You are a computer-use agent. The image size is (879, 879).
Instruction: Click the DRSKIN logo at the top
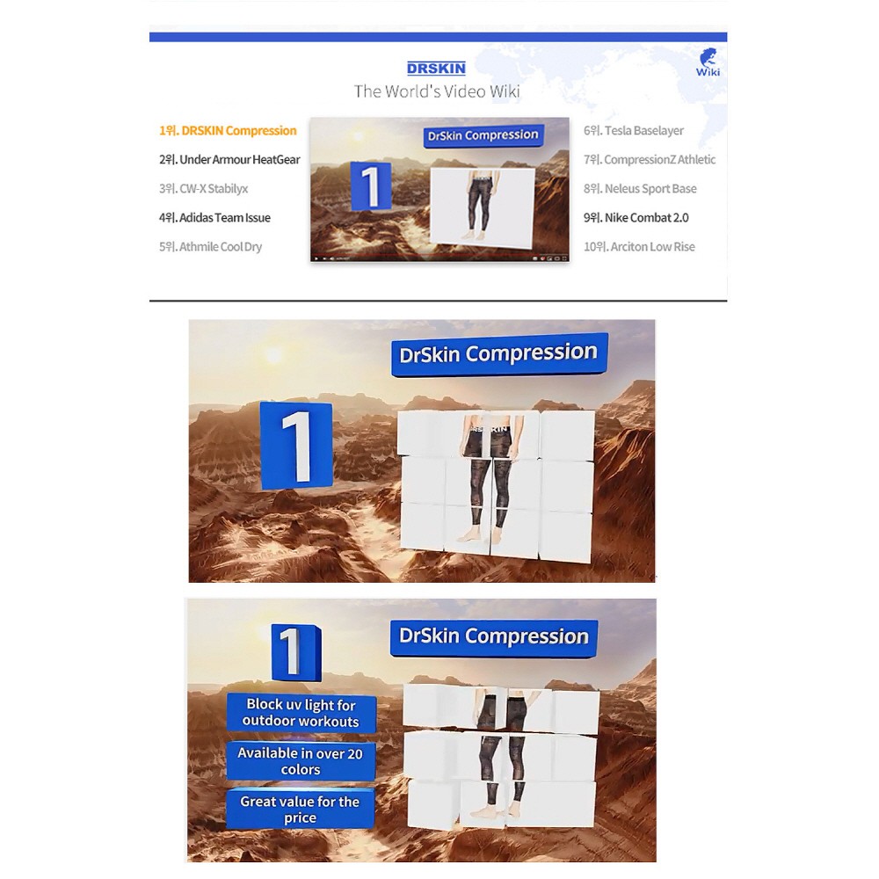click(436, 69)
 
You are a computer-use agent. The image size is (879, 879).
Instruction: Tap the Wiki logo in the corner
click(708, 62)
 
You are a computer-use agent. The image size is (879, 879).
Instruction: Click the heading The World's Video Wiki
click(437, 91)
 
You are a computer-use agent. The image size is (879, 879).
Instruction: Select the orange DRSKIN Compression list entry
click(228, 131)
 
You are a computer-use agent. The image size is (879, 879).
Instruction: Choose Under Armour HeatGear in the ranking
click(229, 160)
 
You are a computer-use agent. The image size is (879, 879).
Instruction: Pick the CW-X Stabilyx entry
click(204, 189)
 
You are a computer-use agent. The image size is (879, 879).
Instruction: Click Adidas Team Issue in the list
click(214, 218)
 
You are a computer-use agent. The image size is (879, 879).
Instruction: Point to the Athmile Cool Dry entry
click(210, 247)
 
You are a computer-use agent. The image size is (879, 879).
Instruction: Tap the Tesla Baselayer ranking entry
click(634, 131)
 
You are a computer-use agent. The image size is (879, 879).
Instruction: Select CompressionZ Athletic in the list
click(650, 160)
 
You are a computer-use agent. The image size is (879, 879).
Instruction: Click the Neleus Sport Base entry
click(640, 189)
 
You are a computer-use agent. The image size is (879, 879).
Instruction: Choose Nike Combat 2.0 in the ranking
click(636, 218)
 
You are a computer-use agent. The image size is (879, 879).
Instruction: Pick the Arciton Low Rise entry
click(639, 247)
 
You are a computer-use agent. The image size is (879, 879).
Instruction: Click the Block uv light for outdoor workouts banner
click(301, 713)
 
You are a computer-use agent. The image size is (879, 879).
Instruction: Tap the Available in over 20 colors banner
click(301, 760)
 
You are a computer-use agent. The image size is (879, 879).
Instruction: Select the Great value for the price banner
click(300, 809)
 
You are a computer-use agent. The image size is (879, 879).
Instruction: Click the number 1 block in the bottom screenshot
click(295, 652)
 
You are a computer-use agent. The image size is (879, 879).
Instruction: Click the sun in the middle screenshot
click(273, 355)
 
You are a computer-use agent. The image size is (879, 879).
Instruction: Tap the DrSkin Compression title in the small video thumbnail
click(483, 135)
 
